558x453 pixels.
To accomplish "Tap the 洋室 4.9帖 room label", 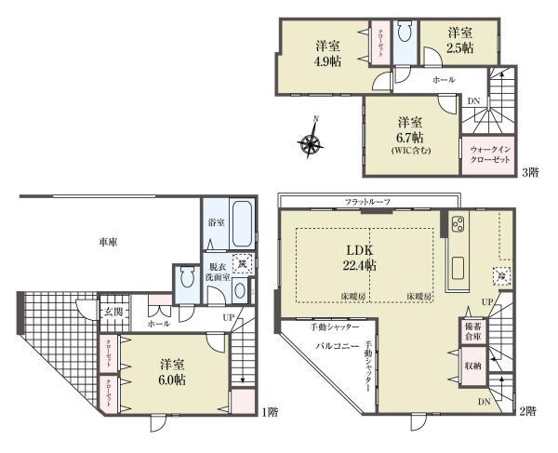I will [325, 55].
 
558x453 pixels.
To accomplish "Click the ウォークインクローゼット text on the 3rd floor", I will [490, 154].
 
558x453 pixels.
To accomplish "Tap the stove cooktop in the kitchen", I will [458, 223].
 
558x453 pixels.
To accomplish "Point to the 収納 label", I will [472, 366].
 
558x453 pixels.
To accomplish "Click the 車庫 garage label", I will [108, 242].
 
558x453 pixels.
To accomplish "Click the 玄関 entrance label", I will [112, 311].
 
